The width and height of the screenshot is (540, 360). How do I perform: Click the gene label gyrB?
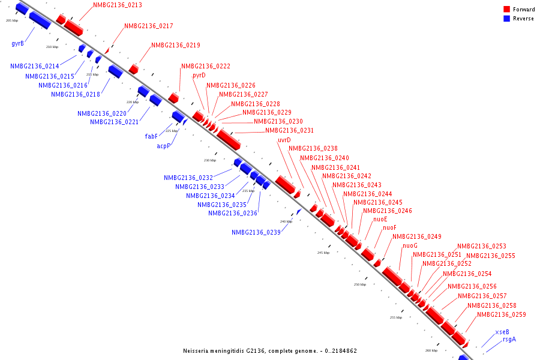tap(17, 44)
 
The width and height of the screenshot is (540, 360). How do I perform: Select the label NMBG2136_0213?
tap(118, 5)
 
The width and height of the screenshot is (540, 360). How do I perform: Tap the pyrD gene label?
tap(199, 76)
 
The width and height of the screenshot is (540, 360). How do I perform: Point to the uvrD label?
tap(284, 140)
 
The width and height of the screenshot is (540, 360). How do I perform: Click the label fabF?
tap(151, 136)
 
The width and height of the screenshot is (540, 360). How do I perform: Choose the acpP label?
tap(164, 146)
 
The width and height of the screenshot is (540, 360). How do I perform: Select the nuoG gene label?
tap(410, 246)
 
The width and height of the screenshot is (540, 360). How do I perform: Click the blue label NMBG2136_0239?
tap(256, 233)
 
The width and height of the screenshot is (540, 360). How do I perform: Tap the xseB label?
tap(502, 332)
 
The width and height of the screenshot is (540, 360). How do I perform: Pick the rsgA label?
tap(509, 340)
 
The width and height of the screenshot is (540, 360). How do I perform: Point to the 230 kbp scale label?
tap(209, 160)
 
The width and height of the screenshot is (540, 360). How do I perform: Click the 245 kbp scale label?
tap(323, 253)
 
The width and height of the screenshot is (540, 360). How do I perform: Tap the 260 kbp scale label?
tap(431, 350)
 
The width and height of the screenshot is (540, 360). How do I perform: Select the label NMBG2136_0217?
tap(149, 26)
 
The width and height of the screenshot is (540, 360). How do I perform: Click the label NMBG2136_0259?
tap(501, 315)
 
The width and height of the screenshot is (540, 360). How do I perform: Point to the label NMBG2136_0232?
tap(188, 178)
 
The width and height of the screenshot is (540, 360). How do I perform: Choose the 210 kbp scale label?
tap(52, 47)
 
